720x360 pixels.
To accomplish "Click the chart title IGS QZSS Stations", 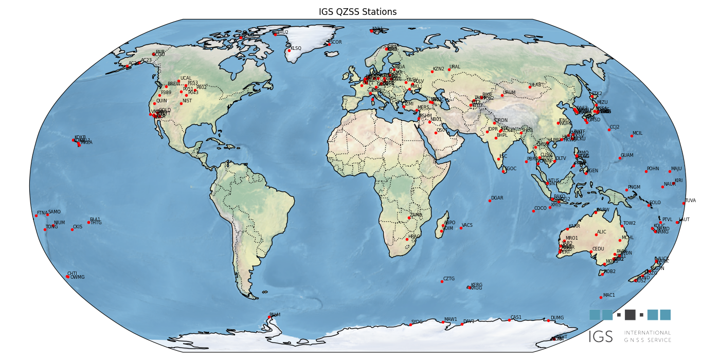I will coord(357,12).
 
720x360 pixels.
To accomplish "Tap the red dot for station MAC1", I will coord(601,297).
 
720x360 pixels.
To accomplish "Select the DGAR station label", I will coord(497,198).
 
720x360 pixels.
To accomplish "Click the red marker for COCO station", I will coord(533,211).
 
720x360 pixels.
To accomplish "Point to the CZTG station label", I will coord(449,279).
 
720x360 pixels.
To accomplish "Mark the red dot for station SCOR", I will coord(329,45).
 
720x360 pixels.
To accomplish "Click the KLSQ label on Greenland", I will coord(296,48).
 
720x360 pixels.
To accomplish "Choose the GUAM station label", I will coord(627,155).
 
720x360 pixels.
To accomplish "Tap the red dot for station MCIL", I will coord(632,136).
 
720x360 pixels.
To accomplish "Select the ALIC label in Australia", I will coord(602,232).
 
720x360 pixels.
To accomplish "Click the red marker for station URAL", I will coord(448,69).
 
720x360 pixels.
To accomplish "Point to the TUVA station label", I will coord(690,201).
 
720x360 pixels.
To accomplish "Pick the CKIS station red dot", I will coord(72,229).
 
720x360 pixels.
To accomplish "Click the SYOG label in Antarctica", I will coord(417,322).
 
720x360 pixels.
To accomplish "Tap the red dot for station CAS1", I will coord(509,320).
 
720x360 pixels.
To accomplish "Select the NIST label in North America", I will coord(187,101).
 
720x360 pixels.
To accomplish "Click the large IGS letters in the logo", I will coord(601,337).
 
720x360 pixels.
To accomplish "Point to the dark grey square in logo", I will coord(630,315).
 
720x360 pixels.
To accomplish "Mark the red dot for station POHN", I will coord(646,171).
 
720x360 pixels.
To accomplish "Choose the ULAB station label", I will coord(536,84).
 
